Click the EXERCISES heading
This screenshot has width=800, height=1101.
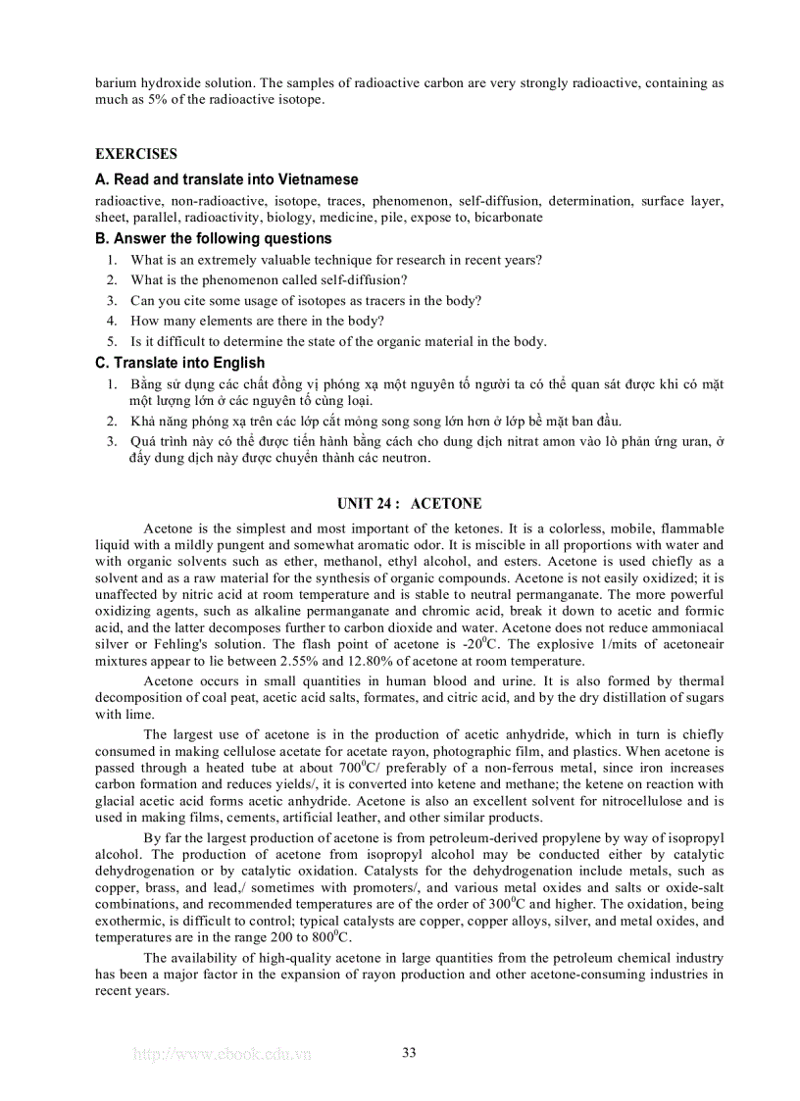(x=136, y=154)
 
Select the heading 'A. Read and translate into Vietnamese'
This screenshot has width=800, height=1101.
(x=226, y=179)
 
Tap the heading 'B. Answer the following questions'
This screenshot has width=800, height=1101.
(x=214, y=238)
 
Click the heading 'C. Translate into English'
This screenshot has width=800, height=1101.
(x=180, y=363)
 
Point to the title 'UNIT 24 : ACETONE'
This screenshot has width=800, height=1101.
(x=409, y=504)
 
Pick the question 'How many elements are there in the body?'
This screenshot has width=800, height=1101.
(x=257, y=321)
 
